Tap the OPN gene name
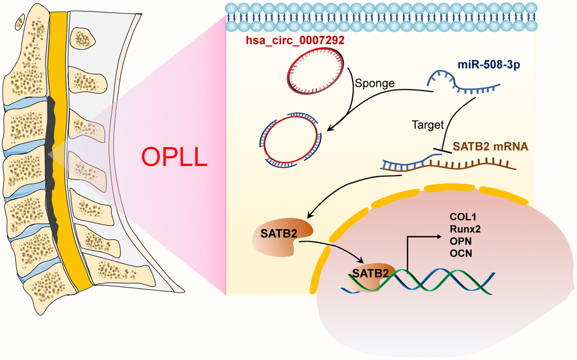(x=460, y=241)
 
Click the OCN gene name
(x=460, y=253)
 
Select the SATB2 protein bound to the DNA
(x=369, y=274)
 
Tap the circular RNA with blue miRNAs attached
(x=290, y=140)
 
